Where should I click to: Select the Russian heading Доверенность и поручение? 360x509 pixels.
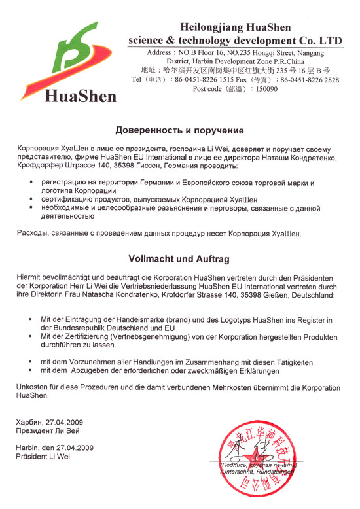click(x=179, y=130)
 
